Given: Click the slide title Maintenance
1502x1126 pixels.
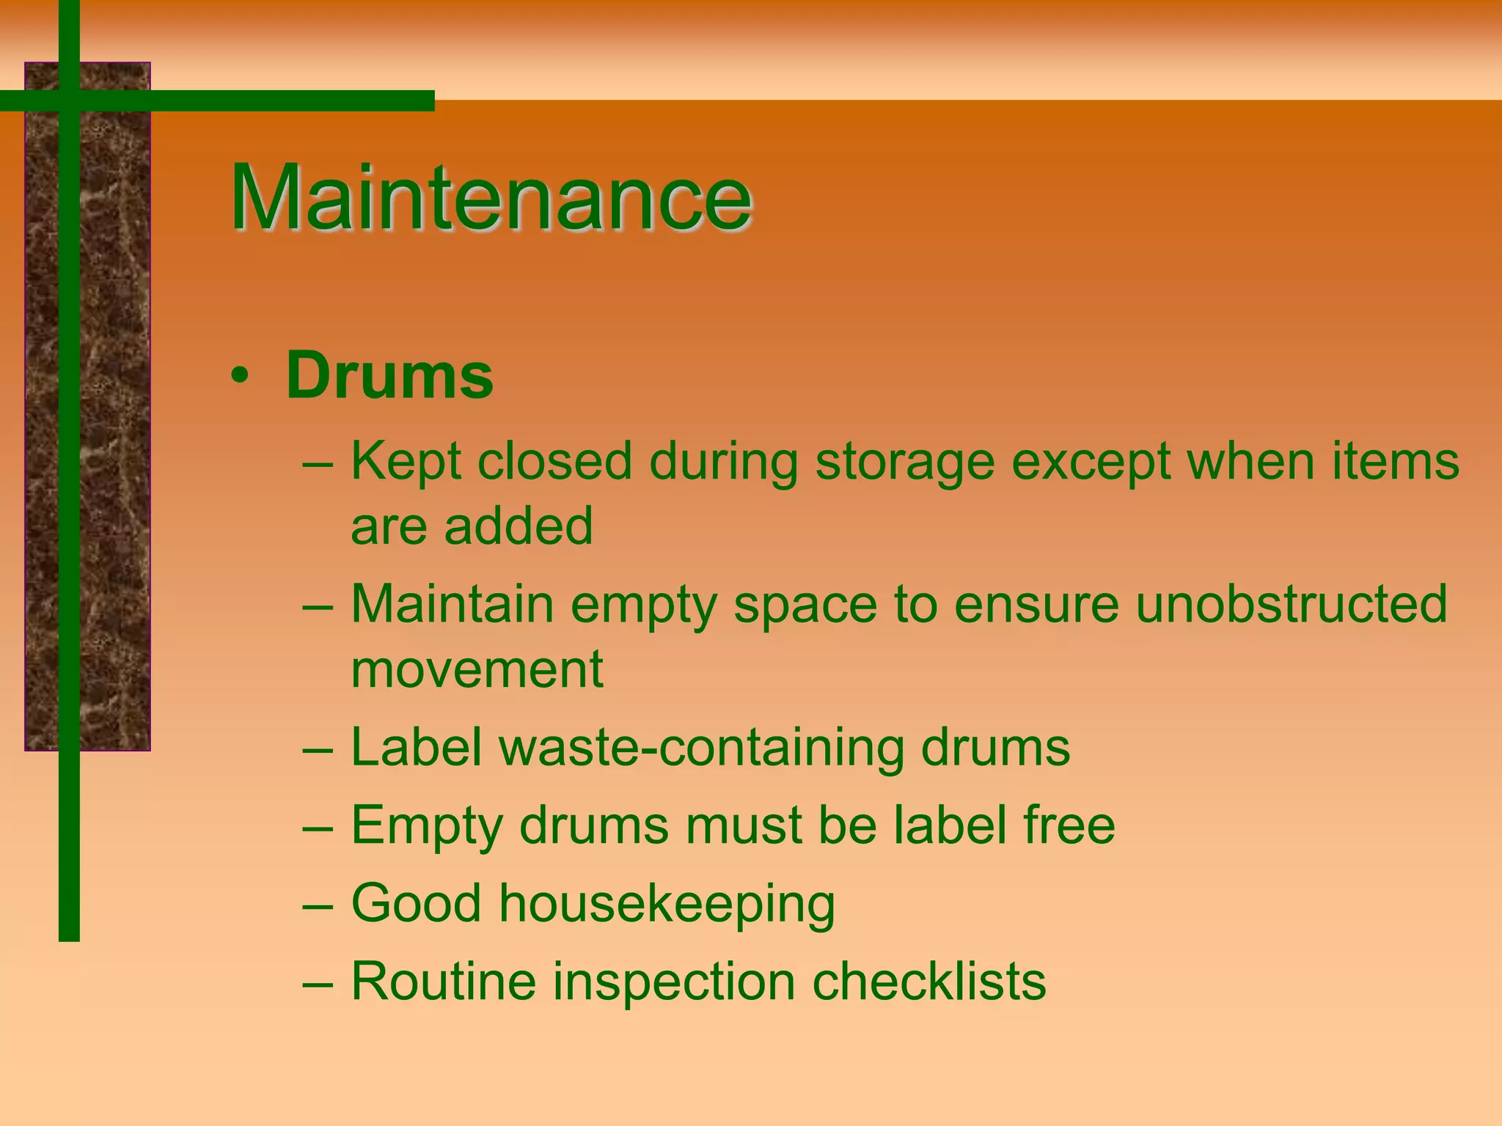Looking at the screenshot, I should pyautogui.click(x=491, y=198).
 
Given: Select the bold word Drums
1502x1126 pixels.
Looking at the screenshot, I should pyautogui.click(x=389, y=375).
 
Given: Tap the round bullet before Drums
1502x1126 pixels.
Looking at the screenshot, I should pyautogui.click(x=239, y=377).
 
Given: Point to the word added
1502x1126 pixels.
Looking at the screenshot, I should pyautogui.click(x=518, y=526).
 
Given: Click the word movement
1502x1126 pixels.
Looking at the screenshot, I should pyautogui.click(x=477, y=669).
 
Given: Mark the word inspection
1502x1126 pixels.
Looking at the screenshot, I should pyautogui.click(x=674, y=982).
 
